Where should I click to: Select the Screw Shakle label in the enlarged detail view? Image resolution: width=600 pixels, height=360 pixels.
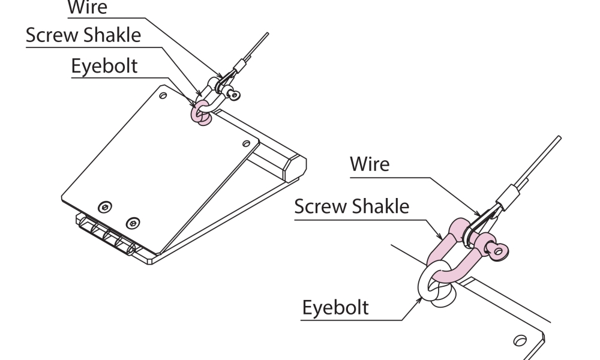[352, 207]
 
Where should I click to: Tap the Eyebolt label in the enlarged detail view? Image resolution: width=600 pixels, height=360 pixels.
[335, 308]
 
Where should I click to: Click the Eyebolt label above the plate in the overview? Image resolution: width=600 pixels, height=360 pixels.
[104, 66]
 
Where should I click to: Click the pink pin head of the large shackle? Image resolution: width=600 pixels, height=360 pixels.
[497, 250]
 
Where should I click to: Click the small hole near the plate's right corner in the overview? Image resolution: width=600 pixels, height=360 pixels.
[246, 142]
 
